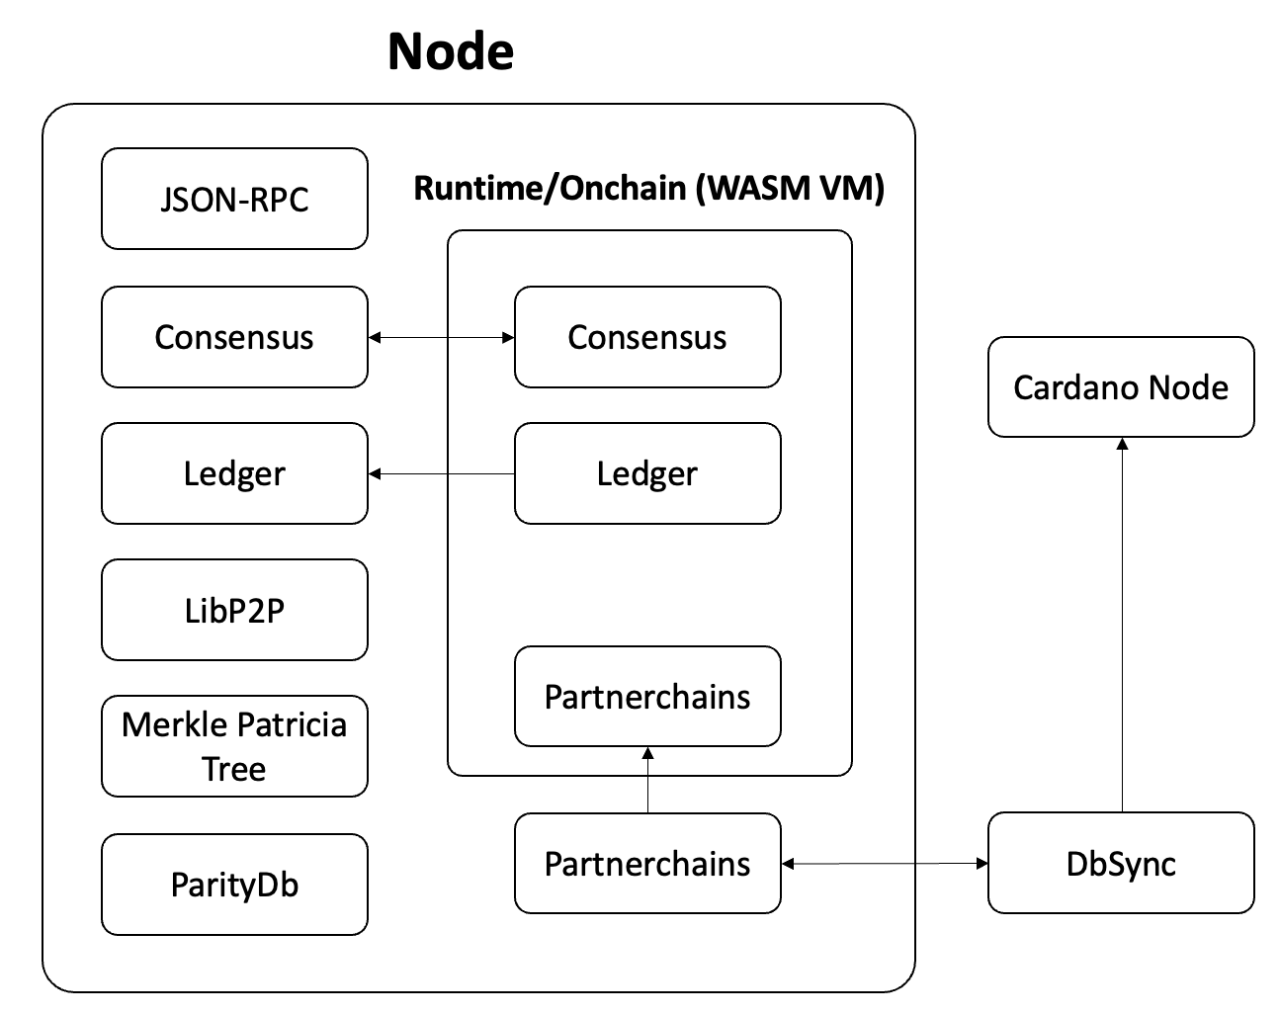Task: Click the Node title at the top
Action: pyautogui.click(x=451, y=51)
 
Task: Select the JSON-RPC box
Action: pyautogui.click(x=234, y=199)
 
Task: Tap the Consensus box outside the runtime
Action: pyautogui.click(x=234, y=337)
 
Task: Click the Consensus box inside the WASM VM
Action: pyautogui.click(x=647, y=337)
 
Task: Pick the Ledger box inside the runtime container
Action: pyautogui.click(x=647, y=473)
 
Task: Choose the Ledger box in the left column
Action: pyautogui.click(x=234, y=473)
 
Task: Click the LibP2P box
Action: pyautogui.click(x=234, y=610)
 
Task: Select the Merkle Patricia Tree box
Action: pyautogui.click(x=234, y=746)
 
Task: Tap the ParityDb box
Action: pyautogui.click(x=234, y=884)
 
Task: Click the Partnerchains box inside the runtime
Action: pyautogui.click(x=647, y=696)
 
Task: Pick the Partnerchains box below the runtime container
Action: pyautogui.click(x=647, y=863)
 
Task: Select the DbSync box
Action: pyautogui.click(x=1121, y=863)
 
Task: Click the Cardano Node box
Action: pyautogui.click(x=1121, y=386)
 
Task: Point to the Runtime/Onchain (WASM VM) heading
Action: pyautogui.click(x=648, y=188)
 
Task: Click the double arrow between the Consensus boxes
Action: pyautogui.click(x=441, y=338)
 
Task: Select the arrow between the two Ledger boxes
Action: pyautogui.click(x=441, y=474)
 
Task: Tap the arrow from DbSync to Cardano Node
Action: pyautogui.click(x=1122, y=623)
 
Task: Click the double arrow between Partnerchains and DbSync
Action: pyautogui.click(x=885, y=864)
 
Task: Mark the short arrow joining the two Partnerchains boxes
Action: pyautogui.click(x=648, y=781)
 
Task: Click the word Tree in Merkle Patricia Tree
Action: pyautogui.click(x=234, y=769)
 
